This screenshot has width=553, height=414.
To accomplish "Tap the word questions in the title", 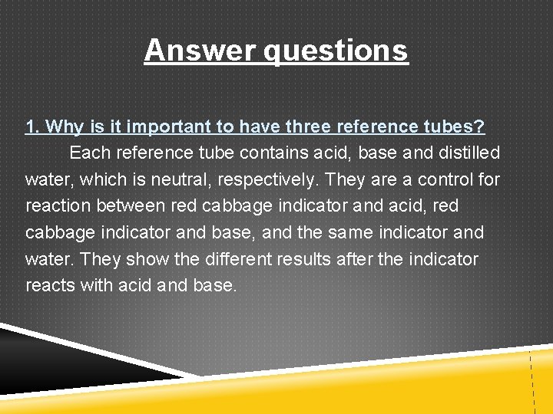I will [336, 51].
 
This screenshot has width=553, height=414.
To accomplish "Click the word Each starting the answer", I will [89, 153].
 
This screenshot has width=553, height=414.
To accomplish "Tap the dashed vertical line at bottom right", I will [531, 379].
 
